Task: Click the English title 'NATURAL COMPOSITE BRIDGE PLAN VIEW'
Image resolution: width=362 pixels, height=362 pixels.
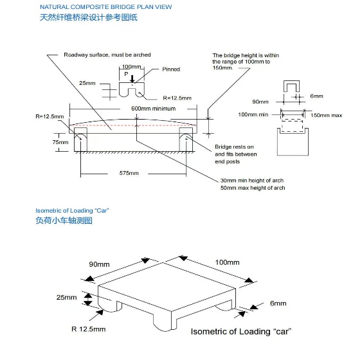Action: [106, 7]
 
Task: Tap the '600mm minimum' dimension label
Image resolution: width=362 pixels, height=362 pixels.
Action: [153, 109]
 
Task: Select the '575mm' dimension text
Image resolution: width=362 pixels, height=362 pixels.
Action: [129, 173]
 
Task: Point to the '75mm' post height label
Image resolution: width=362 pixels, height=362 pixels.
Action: [60, 142]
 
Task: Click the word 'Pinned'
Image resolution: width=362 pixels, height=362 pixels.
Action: [171, 69]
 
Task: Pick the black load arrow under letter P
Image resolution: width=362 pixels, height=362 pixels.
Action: [132, 78]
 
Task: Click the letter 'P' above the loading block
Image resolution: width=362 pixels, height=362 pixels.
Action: [126, 74]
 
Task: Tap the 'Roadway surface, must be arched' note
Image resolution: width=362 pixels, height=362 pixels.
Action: [107, 55]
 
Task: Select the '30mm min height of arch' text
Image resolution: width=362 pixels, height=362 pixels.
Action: [252, 181]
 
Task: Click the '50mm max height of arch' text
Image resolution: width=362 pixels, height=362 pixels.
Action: [253, 188]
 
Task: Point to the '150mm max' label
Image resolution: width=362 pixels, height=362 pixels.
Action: [326, 116]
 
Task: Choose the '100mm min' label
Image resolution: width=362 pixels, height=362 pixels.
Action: [253, 114]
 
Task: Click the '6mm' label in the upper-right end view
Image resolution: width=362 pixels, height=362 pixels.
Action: [316, 96]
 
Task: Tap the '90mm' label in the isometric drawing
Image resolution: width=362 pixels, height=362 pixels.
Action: [99, 264]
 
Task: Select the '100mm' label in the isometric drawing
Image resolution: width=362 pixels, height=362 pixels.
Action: [227, 262]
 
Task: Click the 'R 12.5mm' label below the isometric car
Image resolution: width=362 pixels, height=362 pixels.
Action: [89, 329]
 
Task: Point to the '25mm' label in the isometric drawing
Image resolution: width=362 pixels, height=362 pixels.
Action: [66, 297]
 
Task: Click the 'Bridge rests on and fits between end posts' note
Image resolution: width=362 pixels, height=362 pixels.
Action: [236, 154]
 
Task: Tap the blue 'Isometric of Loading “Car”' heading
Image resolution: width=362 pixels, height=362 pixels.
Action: [72, 210]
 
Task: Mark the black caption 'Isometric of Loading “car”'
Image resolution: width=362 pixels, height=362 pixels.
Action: [241, 332]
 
